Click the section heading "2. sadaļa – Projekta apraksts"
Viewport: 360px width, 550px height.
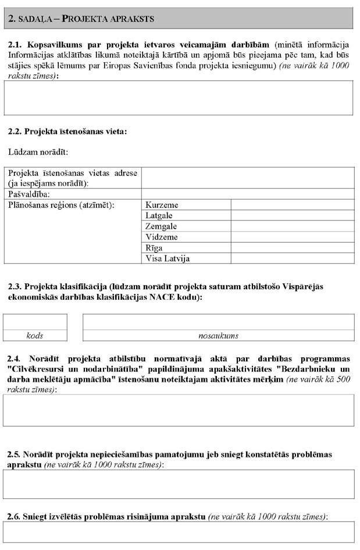81,19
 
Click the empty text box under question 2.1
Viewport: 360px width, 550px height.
179,98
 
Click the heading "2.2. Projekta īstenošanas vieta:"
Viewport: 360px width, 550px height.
67,132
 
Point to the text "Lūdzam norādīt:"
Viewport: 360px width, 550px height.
38,152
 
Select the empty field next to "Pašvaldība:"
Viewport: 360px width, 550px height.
248,194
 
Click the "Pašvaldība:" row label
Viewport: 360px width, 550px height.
29,194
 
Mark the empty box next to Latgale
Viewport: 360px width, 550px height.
293,216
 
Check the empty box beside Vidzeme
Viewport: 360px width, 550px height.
293,237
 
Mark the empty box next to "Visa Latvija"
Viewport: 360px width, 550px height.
293,258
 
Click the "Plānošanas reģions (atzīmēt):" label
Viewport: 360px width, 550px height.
61,205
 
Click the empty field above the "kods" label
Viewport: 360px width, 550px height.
35,322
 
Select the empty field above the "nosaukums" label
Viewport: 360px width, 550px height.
218,322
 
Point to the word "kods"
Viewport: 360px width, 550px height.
35,336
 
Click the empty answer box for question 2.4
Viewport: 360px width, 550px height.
179,410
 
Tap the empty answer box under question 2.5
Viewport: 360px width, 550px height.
179,484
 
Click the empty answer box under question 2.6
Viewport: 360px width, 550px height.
179,532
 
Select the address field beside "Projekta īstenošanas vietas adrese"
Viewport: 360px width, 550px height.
248,178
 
